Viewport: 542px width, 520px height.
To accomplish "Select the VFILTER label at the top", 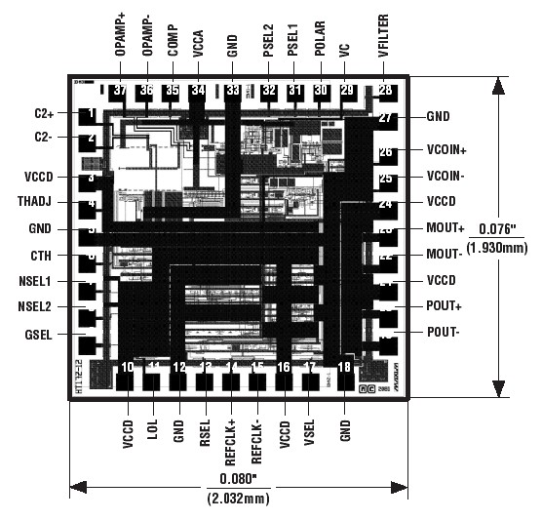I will pos(386,33).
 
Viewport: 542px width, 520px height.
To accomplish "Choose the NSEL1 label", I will pos(37,281).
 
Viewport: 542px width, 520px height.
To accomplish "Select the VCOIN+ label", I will pos(447,151).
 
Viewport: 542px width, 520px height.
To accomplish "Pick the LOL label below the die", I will pos(153,431).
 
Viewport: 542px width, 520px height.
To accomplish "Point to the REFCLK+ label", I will pos(231,442).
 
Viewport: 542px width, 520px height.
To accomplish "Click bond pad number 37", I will pos(120,91).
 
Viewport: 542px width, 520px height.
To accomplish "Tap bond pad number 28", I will pos(386,92).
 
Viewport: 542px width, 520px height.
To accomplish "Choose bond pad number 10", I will pos(127,368).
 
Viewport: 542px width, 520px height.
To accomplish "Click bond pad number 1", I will pos(90,115).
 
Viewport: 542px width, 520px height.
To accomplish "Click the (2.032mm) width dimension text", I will pos(238,499).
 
